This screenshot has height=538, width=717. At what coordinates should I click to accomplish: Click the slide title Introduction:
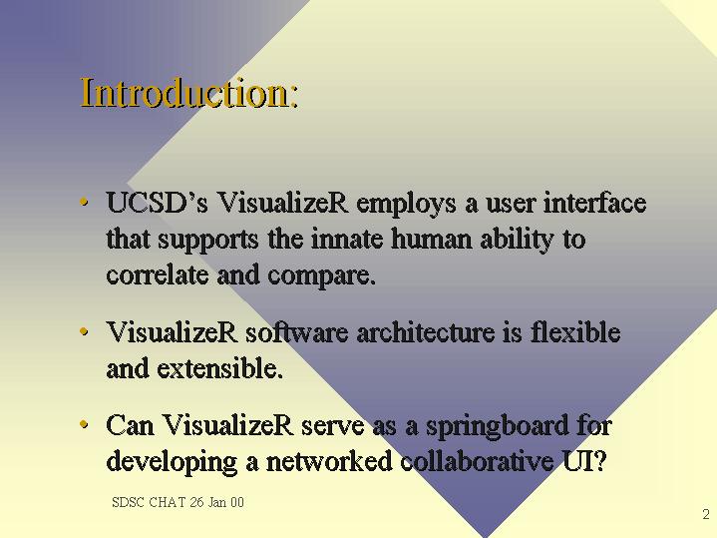tap(189, 93)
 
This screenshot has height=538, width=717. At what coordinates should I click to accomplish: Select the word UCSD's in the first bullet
tap(157, 203)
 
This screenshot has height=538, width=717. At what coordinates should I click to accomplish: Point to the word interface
tap(595, 203)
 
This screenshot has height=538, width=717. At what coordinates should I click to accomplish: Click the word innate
tap(347, 239)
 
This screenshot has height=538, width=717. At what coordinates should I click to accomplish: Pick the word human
tap(431, 239)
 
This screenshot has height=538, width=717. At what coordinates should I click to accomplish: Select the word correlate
tap(158, 274)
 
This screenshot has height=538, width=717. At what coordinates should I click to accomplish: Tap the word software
tap(297, 332)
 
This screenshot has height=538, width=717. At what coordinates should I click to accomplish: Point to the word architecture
tap(426, 332)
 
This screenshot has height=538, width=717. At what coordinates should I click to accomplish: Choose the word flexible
tap(575, 332)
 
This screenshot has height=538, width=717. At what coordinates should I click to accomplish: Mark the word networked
tap(329, 460)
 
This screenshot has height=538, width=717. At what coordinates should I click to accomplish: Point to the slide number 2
tap(706, 514)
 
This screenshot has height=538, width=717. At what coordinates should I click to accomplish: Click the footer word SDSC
tap(128, 502)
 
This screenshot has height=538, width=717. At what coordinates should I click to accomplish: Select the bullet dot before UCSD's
tap(84, 202)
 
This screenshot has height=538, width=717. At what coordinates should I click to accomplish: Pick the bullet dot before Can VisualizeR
tap(84, 424)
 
